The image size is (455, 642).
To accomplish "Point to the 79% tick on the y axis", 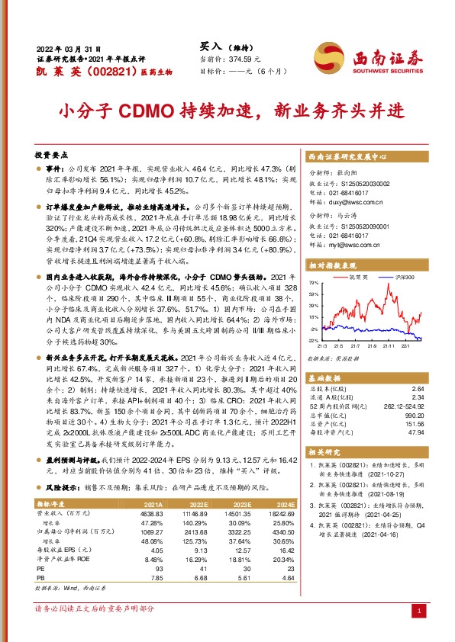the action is coord(313,283).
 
